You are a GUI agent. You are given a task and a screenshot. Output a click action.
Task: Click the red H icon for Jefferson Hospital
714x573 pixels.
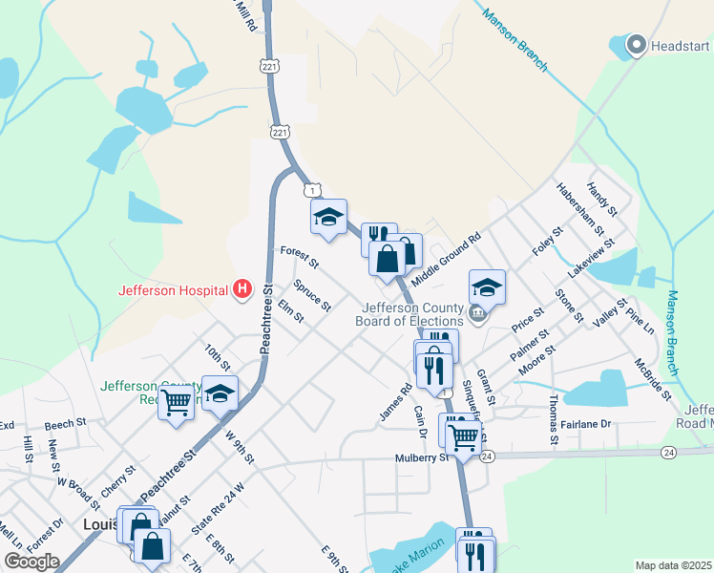point(242,288)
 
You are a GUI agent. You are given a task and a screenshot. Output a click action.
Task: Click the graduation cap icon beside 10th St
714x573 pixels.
point(220,394)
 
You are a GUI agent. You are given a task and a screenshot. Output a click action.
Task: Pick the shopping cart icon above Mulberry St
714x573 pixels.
point(463,436)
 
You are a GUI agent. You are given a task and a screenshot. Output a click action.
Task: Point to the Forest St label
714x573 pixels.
point(299,256)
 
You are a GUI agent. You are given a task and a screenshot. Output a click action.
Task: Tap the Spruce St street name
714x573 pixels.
point(312,295)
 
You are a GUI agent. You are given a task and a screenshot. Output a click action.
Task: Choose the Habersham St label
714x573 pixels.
point(580,210)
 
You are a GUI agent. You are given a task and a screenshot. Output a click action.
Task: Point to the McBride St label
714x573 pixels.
point(654,378)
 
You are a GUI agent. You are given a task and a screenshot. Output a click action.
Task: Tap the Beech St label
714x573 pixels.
point(65,421)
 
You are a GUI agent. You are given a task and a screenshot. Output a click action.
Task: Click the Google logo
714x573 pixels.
point(31,562)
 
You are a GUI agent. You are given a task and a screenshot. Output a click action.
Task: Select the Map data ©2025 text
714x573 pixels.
point(673,565)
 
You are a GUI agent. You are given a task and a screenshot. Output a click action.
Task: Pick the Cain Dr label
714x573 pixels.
point(419,420)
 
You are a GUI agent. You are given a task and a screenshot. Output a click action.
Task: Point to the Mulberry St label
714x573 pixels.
point(422,458)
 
